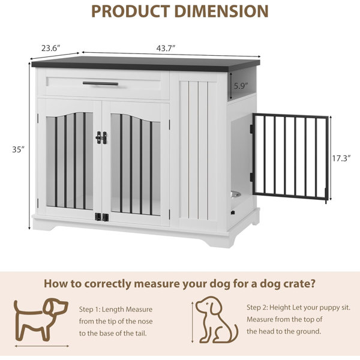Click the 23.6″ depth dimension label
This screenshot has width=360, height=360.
[51, 48]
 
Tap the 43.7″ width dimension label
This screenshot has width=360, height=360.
[166, 48]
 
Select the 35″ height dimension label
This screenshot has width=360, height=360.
[18, 149]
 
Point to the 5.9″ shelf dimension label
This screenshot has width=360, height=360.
[241, 86]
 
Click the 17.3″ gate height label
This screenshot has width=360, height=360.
[341, 158]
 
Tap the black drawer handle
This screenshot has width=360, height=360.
[100, 83]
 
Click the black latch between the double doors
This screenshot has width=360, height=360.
[101, 138]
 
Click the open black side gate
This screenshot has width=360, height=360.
[289, 158]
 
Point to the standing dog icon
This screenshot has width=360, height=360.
[41, 319]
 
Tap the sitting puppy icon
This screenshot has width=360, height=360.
[217, 320]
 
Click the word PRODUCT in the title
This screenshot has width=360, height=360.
[131, 11]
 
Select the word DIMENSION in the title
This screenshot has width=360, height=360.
[221, 11]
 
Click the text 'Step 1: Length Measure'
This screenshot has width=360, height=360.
[116, 309]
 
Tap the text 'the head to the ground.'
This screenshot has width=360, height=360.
[284, 331]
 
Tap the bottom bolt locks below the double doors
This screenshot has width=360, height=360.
[102, 217]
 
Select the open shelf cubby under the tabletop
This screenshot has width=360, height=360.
[242, 85]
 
